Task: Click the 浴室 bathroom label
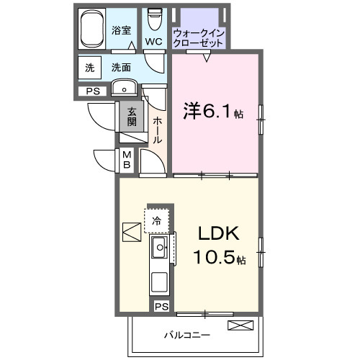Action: pos(120,30)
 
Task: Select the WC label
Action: pos(153,41)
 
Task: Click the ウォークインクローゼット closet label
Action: pos(199,37)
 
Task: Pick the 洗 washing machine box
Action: pos(90,68)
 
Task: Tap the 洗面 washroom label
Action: pos(120,68)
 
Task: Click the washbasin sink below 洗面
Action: pos(125,90)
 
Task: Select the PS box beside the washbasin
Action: pos(92,91)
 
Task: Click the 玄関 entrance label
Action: pos(132,117)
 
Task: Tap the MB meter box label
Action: pos(127,159)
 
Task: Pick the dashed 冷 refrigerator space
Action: pos(156,221)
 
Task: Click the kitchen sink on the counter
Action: pos(159,249)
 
